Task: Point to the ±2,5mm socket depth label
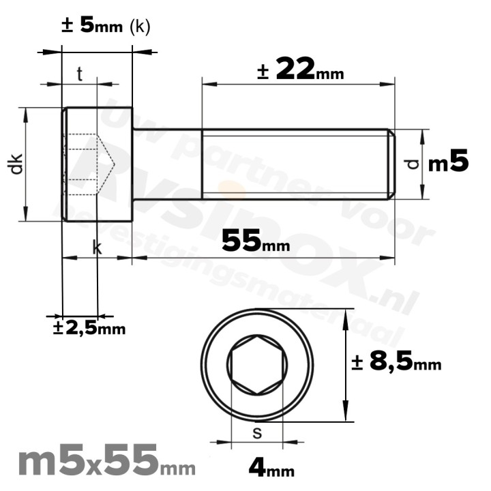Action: [x=89, y=328]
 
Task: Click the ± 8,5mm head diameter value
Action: [x=396, y=363]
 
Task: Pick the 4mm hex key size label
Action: [x=271, y=468]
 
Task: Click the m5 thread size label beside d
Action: [x=448, y=164]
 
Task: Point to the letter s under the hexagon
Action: [x=256, y=432]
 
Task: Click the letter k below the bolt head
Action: [x=97, y=248]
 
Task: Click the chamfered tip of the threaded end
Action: [x=391, y=164]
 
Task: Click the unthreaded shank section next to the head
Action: [x=166, y=164]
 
